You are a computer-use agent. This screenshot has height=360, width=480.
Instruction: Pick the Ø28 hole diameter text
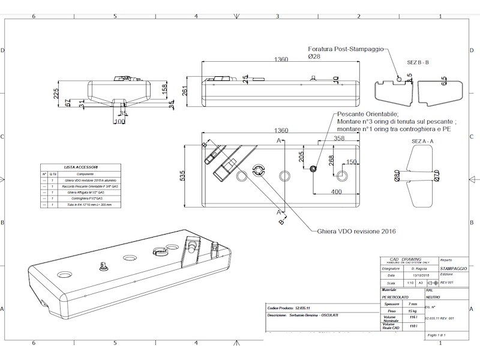tap(315, 56)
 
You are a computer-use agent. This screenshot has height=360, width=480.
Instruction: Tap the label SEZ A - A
tap(423, 140)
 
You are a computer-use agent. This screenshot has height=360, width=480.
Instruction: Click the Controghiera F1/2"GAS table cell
tap(87, 198)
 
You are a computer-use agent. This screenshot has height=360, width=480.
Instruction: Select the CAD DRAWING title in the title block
tap(407, 260)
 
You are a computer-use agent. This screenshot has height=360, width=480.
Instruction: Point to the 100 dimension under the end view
tap(119, 122)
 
